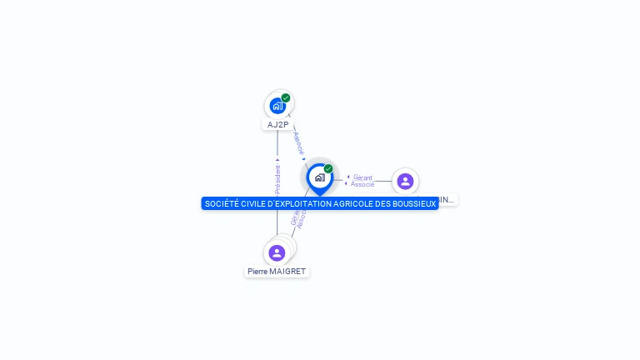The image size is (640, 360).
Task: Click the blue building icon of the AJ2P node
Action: (277, 106)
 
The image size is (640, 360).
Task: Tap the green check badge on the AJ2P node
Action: (286, 97)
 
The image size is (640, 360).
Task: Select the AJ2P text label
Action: (277, 125)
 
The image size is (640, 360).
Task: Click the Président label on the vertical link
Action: (277, 180)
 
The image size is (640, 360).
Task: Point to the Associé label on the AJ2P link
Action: (298, 142)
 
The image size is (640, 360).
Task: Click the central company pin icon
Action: (319, 177)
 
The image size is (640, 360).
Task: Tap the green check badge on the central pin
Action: (328, 168)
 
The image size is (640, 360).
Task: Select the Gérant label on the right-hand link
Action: (362, 177)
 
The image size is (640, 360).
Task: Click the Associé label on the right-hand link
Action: (362, 184)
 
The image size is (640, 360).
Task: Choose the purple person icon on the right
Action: (405, 181)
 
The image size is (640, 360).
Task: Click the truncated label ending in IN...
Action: (447, 200)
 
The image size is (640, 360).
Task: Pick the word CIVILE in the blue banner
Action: (254, 203)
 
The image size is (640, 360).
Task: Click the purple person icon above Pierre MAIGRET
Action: (277, 252)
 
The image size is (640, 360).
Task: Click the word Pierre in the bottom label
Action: (257, 272)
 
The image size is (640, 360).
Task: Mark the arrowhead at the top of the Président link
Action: (277, 160)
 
